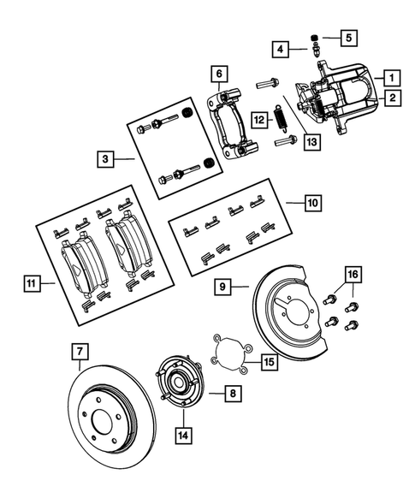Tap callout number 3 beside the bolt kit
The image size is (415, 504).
click(104, 158)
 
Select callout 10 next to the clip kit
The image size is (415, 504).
click(312, 203)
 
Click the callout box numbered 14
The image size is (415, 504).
click(183, 434)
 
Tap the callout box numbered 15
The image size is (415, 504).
click(269, 362)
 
